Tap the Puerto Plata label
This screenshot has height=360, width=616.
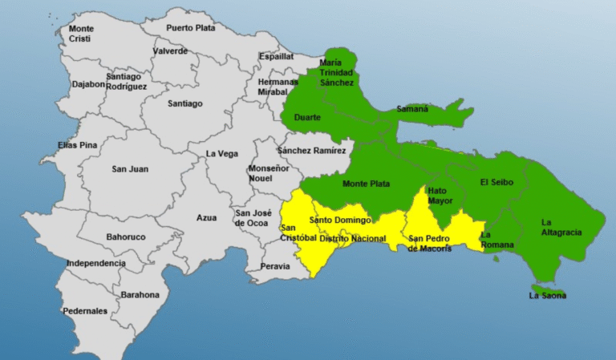191,28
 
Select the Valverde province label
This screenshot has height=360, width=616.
170,51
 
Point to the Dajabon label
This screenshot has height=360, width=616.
87,83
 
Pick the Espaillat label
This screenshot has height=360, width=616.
277,56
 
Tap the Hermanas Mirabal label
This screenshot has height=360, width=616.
278,87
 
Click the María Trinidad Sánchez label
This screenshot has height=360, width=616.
337,72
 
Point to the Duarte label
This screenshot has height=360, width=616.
307,117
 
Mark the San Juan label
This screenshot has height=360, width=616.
129,168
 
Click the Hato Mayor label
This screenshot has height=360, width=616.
440,196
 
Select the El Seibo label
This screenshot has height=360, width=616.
496,182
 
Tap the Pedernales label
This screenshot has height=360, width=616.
84,311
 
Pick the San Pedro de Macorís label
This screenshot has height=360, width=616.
429,243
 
